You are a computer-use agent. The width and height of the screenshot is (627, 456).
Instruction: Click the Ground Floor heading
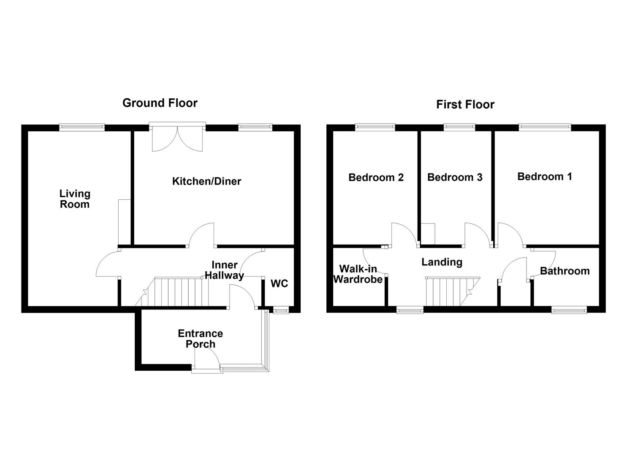coord(160,103)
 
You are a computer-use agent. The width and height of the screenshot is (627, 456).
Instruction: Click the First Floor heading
coord(465,104)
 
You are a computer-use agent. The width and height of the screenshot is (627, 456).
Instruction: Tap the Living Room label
coord(74,199)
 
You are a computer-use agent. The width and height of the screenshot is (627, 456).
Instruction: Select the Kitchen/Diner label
coord(206,181)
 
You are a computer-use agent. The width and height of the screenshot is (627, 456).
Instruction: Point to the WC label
coord(279,283)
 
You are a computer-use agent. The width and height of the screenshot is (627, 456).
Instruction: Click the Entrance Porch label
coord(200,339)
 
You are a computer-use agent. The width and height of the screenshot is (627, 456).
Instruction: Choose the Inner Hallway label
coord(224,270)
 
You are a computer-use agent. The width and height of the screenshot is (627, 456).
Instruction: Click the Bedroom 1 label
coord(544,176)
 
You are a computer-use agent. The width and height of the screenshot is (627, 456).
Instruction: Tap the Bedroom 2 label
coord(376,177)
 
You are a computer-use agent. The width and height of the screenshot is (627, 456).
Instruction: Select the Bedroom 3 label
coord(455,177)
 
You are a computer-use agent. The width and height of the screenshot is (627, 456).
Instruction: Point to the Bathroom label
coord(565,271)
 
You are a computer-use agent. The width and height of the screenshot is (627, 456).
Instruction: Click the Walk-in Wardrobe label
coord(358,274)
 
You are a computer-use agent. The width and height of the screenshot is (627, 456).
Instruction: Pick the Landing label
coord(442,262)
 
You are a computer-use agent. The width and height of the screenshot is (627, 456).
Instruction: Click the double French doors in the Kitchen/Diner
coord(177,138)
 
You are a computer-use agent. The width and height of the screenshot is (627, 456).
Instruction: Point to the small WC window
coord(280,311)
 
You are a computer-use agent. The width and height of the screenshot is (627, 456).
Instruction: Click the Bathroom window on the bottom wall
coord(569,310)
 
